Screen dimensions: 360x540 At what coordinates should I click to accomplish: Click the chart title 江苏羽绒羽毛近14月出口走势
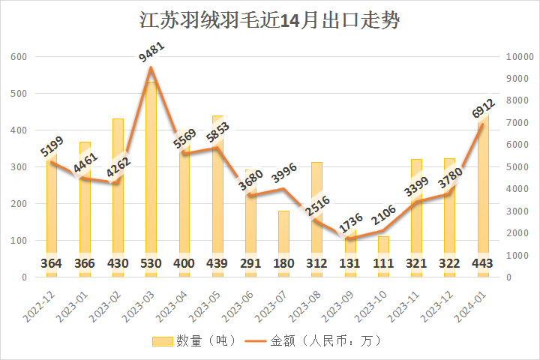click(x=270, y=20)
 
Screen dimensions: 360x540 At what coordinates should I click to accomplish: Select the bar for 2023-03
click(x=151, y=180)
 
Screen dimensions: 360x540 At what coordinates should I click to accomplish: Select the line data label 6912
click(x=483, y=108)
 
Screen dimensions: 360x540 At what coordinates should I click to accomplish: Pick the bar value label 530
click(x=151, y=264)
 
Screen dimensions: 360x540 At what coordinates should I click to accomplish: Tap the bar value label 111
click(x=383, y=264)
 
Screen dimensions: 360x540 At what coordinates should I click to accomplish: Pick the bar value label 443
click(x=483, y=264)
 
